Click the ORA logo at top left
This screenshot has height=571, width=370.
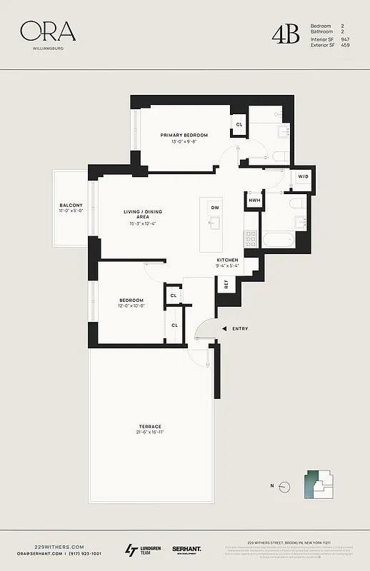(48, 31)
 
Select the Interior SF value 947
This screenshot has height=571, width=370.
(345, 39)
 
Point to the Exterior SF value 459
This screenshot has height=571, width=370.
(345, 45)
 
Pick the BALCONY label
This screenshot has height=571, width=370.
(71, 206)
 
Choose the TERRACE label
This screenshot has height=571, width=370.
(150, 427)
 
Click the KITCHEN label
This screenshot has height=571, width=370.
(227, 260)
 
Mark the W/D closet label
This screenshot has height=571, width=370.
(303, 176)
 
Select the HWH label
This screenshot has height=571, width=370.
(254, 201)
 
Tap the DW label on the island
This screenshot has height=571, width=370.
(214, 207)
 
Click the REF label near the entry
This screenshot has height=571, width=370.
(226, 284)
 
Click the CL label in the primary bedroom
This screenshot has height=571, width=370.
(239, 124)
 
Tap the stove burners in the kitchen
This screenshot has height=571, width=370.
(250, 239)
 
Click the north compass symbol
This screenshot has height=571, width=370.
(284, 486)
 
